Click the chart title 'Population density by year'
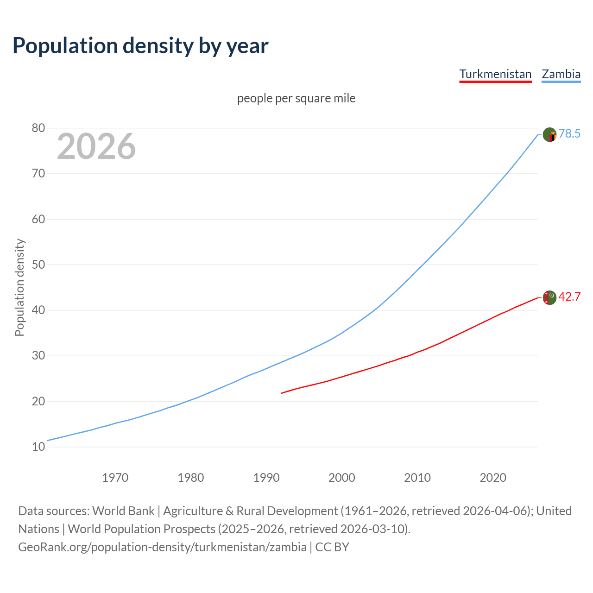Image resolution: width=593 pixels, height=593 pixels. [x=140, y=46]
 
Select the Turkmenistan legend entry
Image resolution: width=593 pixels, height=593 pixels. [x=495, y=74]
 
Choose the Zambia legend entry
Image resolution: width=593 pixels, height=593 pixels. [x=561, y=74]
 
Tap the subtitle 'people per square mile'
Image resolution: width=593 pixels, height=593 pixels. [x=296, y=98]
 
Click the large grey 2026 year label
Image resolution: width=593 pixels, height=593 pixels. [x=96, y=146]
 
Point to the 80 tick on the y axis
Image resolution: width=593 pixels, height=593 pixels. [x=38, y=128]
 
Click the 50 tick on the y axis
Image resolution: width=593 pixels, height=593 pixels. [x=38, y=265]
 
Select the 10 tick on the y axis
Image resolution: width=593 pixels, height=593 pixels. [x=38, y=447]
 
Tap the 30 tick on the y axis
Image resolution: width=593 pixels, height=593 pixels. [x=38, y=356]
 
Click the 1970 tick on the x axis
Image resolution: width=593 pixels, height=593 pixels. [x=115, y=478]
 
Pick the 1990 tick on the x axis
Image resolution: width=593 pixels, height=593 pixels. [x=266, y=478]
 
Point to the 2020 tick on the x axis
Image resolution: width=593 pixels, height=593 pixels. [x=493, y=478]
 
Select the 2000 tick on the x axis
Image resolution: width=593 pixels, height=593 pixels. [x=342, y=478]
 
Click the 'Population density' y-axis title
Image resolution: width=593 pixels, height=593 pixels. [x=19, y=287]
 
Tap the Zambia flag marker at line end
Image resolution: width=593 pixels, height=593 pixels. [x=549, y=135]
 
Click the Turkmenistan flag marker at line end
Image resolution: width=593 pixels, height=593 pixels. [x=549, y=297]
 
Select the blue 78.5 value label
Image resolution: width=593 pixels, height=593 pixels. [x=569, y=134]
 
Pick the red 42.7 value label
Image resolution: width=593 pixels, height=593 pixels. [x=569, y=297]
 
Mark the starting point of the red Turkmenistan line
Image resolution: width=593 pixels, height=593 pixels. [x=282, y=393]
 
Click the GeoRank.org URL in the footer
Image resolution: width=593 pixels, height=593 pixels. [x=162, y=547]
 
